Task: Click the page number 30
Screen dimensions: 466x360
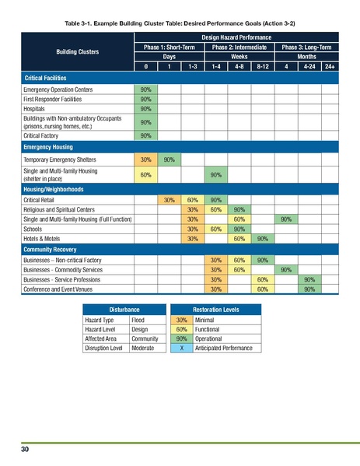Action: (25, 450)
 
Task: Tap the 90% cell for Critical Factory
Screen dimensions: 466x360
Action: (145, 135)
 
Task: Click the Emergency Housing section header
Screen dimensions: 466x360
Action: (47, 146)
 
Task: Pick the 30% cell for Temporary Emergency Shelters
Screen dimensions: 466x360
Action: (145, 159)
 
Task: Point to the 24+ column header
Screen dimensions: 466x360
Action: (330, 68)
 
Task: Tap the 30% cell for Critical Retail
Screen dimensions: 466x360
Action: (168, 199)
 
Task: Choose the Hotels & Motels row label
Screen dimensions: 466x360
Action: (40, 239)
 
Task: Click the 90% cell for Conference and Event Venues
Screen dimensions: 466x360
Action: (309, 289)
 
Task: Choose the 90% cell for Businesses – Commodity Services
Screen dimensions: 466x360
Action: (285, 269)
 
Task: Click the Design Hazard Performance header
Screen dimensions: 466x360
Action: (237, 37)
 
